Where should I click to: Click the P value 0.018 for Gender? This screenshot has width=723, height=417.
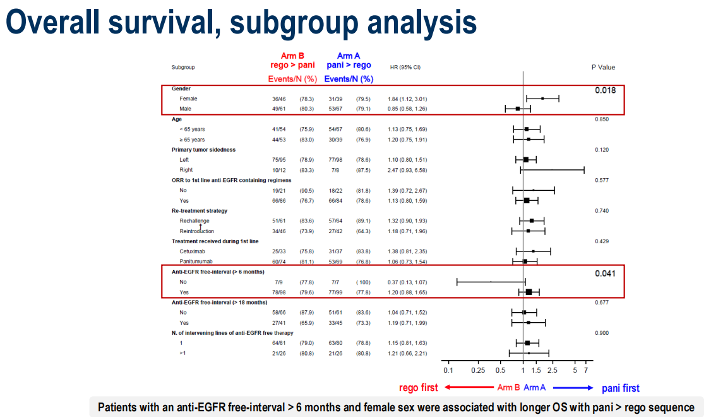pyautogui.click(x=605, y=90)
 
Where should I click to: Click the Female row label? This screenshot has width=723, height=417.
pyautogui.click(x=188, y=99)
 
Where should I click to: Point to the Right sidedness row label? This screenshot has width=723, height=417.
pyautogui.click(x=186, y=170)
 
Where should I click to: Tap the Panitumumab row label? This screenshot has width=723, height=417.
pyautogui.click(x=195, y=261)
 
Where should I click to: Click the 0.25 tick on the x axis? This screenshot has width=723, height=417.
pyautogui.click(x=477, y=370)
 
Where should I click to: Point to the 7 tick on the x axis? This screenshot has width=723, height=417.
pyautogui.click(x=586, y=370)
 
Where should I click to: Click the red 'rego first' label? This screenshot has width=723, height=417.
pyautogui.click(x=419, y=388)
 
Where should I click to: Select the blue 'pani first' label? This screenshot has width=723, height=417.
pyautogui.click(x=620, y=388)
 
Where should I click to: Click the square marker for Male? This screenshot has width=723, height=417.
pyautogui.click(x=518, y=109)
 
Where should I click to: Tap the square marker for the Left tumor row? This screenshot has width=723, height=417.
pyautogui.click(x=526, y=160)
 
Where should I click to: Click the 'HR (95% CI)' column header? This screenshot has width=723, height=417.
pyautogui.click(x=405, y=67)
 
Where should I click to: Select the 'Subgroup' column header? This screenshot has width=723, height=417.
pyautogui.click(x=183, y=67)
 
